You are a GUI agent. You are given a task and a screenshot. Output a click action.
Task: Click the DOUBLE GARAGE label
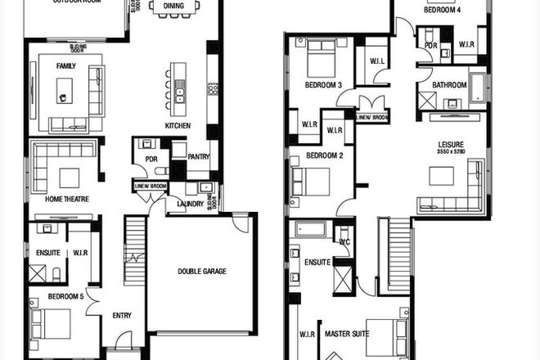203,271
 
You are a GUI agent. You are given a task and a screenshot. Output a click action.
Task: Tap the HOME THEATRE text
67,199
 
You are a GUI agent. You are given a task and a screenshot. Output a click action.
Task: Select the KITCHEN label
178,125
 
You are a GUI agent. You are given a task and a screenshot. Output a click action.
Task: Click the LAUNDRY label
190,204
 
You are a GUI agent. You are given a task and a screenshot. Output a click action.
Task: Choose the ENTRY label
122,315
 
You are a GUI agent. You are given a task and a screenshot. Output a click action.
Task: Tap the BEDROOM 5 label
65,295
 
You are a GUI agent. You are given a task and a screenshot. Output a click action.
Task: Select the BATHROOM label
449,85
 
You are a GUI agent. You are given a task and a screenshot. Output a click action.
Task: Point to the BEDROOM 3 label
322,84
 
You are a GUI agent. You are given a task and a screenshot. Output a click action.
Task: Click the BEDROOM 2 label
324,155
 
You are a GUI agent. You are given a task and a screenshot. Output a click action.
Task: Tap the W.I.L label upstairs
377,61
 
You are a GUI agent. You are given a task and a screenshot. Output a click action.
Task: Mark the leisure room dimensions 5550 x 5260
451,151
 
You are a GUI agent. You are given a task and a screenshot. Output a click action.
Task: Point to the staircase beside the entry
134,250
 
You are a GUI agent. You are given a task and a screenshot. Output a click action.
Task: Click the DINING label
173,6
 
